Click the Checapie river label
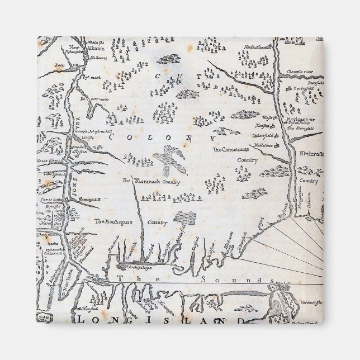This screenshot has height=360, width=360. (300, 72)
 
